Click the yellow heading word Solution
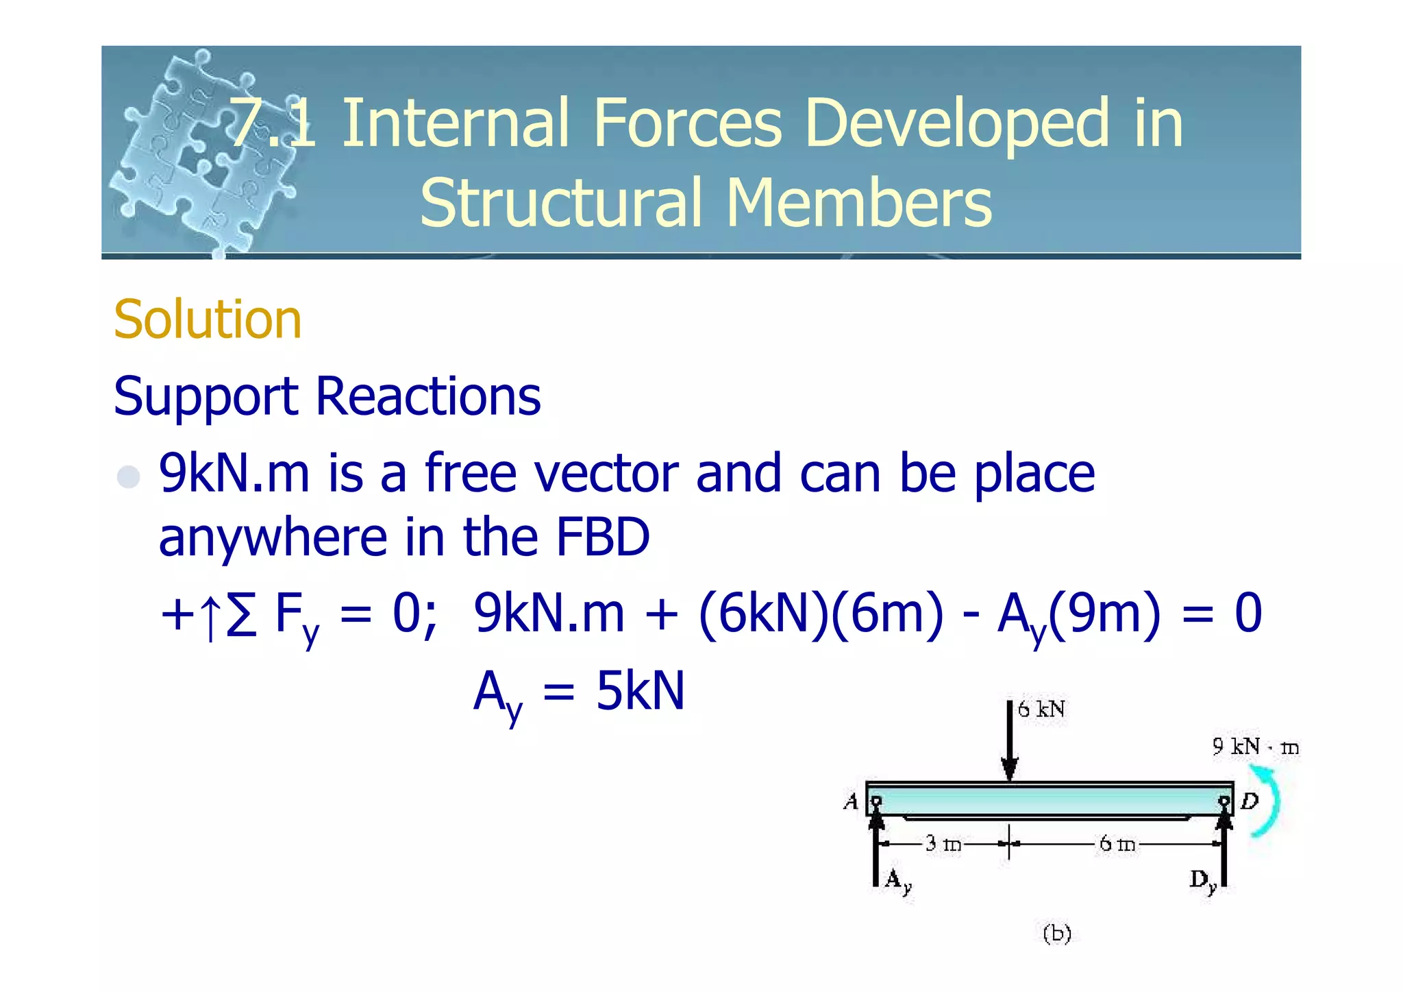tap(207, 320)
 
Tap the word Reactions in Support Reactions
tap(428, 397)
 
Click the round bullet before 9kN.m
tap(129, 476)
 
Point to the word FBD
tap(603, 537)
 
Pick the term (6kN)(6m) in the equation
tap(821, 613)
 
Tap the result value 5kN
tap(640, 691)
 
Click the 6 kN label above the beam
tap(1041, 710)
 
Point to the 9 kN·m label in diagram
tap(1255, 747)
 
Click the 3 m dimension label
tap(943, 843)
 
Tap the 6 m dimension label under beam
tap(1117, 843)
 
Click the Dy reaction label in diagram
tap(1203, 880)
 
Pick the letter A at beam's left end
tap(852, 801)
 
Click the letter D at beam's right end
tap(1250, 801)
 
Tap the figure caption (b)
tap(1056, 934)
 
